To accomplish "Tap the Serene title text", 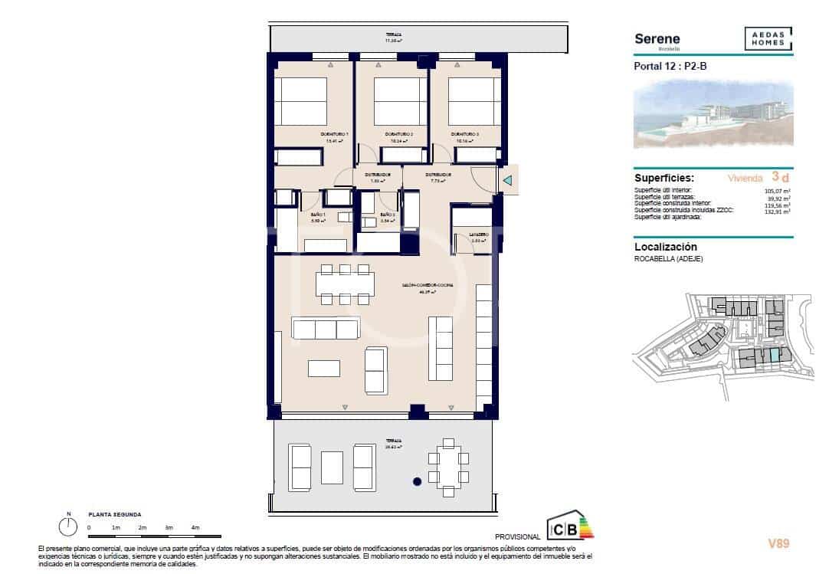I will pyautogui.click(x=657, y=39).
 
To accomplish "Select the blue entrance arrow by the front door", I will pyautogui.click(x=507, y=181).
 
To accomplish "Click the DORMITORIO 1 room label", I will pyautogui.click(x=336, y=136).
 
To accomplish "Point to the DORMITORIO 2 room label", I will pyautogui.click(x=399, y=136).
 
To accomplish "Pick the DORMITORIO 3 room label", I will pyautogui.click(x=467, y=136).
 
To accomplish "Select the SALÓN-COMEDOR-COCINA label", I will pyautogui.click(x=428, y=286).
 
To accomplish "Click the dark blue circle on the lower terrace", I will pyautogui.click(x=417, y=482).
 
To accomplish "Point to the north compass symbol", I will pyautogui.click(x=68, y=526).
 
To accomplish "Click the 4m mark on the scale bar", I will pyautogui.click(x=195, y=527).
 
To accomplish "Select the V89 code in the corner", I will pyautogui.click(x=778, y=543).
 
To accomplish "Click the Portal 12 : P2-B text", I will pyautogui.click(x=670, y=66).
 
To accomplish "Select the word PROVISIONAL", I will pyautogui.click(x=518, y=536).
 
